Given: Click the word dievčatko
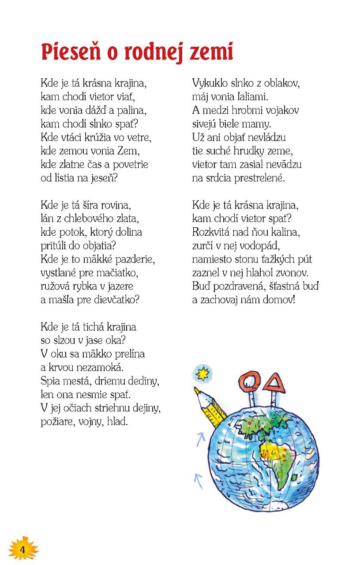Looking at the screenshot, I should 115,300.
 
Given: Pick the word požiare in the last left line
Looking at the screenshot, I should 56,422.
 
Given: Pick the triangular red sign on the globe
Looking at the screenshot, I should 274,383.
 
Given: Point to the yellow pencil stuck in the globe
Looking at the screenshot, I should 210,408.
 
